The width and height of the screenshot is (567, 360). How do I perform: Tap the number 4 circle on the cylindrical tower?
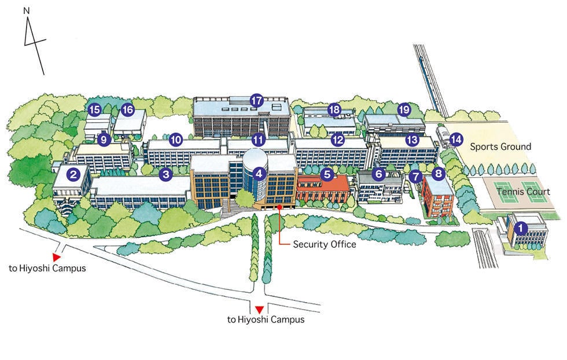click(259, 172)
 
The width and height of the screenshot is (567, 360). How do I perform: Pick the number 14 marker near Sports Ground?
click(456, 139)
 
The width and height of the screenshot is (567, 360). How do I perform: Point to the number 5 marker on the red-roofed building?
click(327, 173)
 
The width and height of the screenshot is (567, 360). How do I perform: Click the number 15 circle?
click(94, 109)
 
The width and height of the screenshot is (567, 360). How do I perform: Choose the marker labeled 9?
click(104, 139)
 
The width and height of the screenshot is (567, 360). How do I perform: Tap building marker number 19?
click(404, 109)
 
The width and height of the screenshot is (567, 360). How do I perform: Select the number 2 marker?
click(73, 173)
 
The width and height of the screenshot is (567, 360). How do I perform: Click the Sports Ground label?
click(500, 146)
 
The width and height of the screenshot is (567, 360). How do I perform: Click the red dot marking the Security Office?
click(279, 207)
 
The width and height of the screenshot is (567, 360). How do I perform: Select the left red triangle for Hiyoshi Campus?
click(56, 256)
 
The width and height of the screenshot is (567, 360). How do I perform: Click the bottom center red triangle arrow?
click(260, 309)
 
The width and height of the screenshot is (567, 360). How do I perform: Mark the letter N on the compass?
click(26, 10)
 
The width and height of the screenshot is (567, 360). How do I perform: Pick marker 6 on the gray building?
click(379, 173)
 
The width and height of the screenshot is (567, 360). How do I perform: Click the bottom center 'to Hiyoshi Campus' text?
click(266, 319)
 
